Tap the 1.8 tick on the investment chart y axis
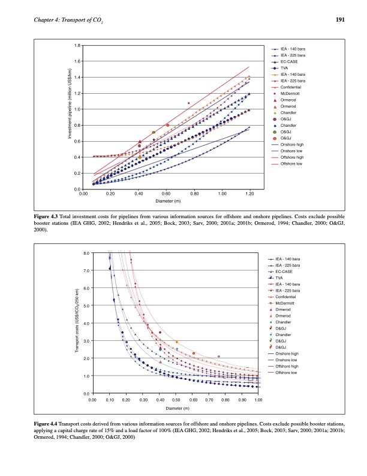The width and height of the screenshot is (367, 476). coord(77,45)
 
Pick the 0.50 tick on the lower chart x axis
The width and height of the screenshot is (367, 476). coord(175,399)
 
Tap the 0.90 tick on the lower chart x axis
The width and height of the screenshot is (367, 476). coord(242,399)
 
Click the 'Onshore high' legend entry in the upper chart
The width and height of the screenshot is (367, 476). coord(292,144)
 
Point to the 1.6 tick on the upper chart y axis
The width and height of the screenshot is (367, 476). coord(77,61)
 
